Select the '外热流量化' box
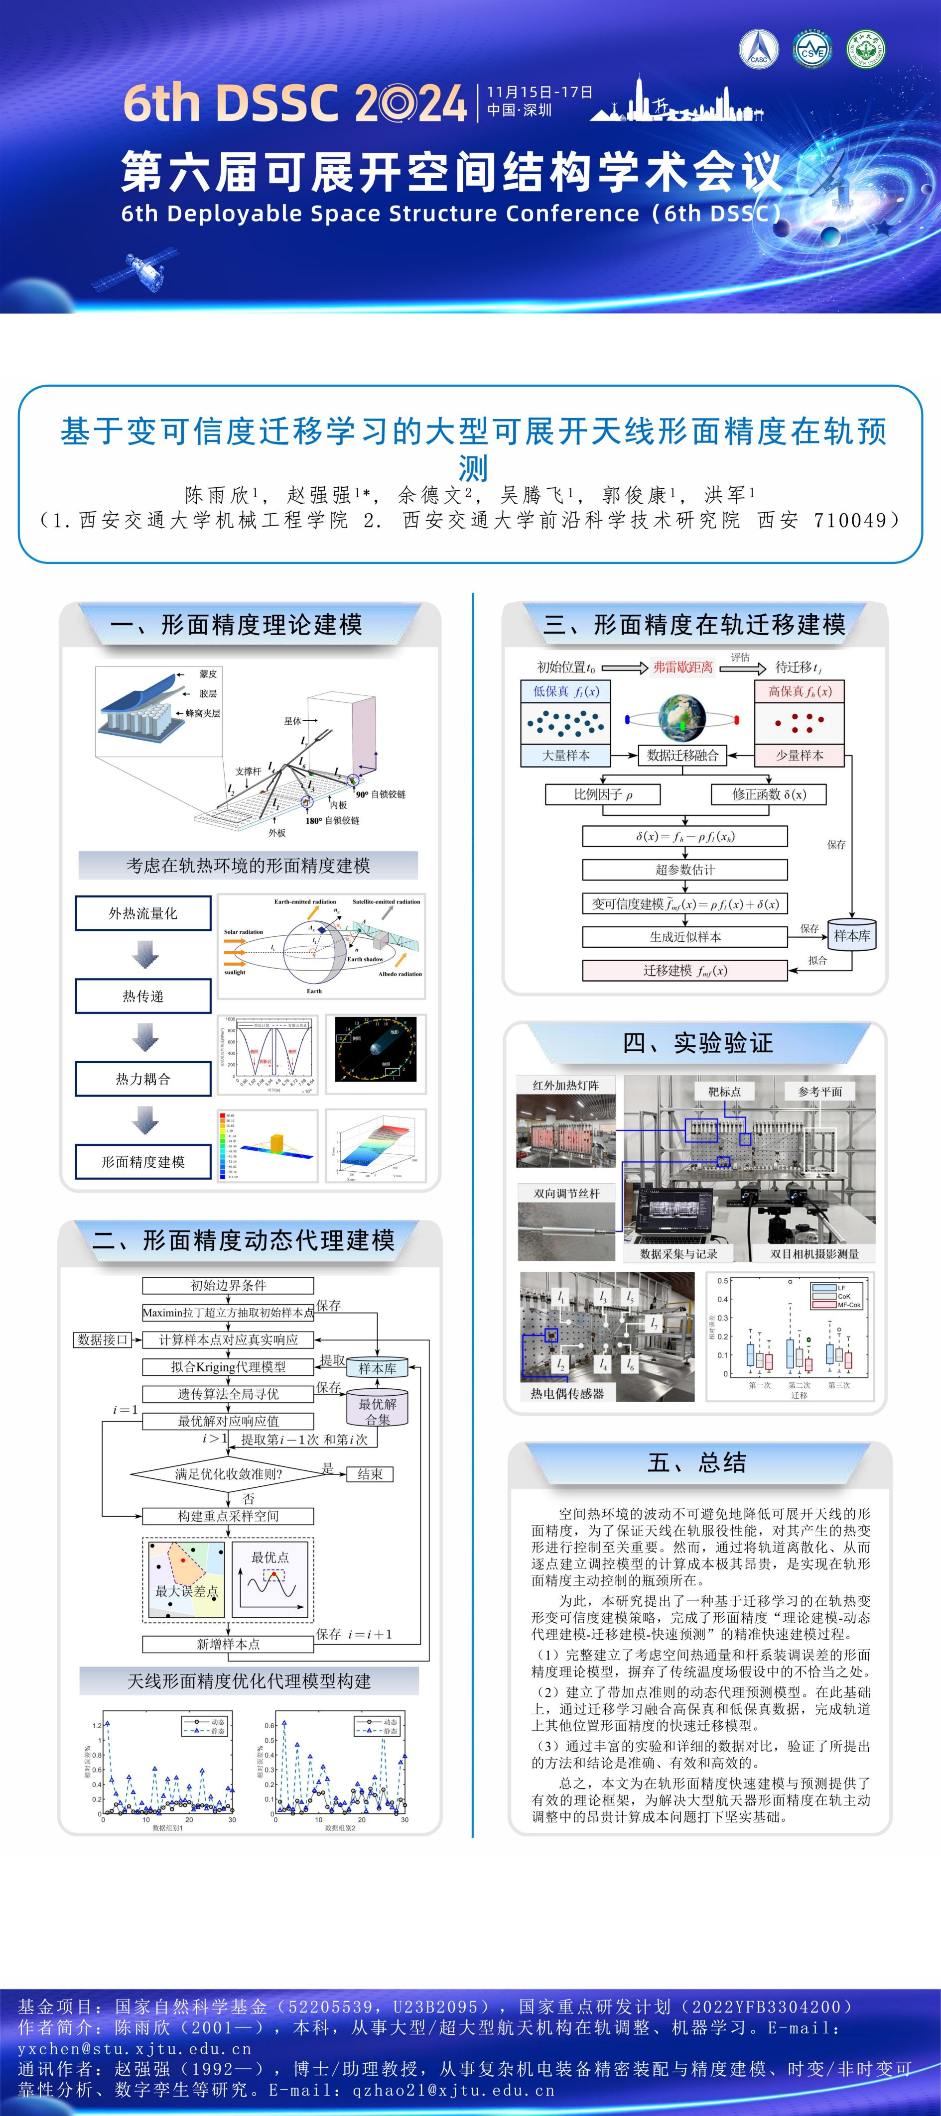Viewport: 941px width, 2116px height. click(143, 912)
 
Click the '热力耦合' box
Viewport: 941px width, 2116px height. click(143, 1079)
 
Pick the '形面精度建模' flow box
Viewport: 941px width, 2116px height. click(143, 1161)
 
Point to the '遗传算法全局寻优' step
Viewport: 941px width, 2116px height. click(228, 1394)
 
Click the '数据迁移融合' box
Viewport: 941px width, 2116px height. click(682, 755)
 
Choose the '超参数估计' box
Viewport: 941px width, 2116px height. click(684, 869)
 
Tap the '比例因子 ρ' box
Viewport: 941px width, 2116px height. click(603, 794)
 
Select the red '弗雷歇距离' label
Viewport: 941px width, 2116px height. click(683, 667)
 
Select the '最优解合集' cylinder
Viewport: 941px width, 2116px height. click(377, 1410)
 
